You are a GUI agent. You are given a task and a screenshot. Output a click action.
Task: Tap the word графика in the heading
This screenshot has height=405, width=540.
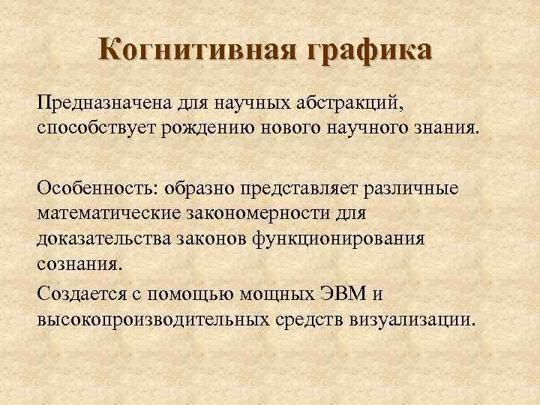click(x=367, y=52)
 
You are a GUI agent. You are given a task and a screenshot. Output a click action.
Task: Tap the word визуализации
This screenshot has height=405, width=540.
click(x=411, y=319)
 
